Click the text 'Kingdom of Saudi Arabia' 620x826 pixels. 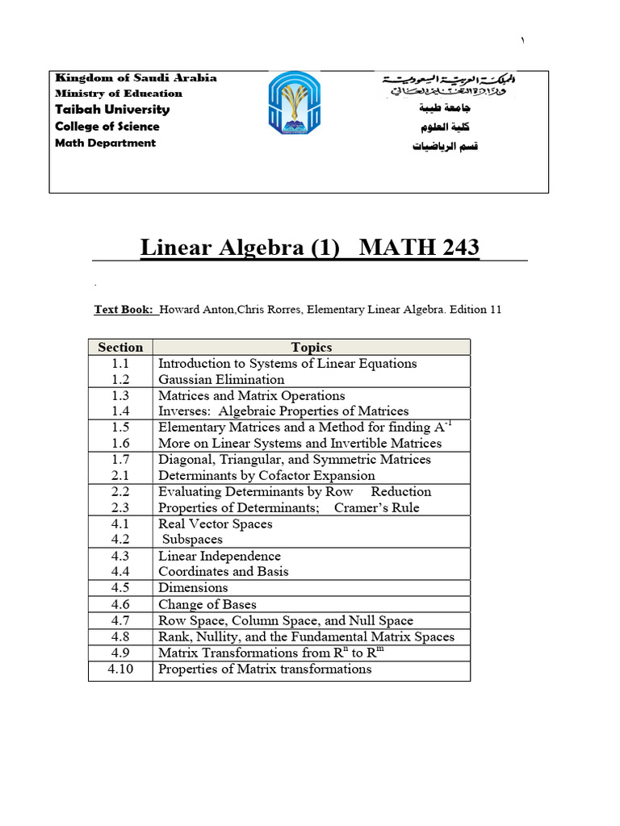tap(136, 78)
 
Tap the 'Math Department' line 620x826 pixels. tap(105, 143)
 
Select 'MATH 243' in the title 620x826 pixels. tap(418, 247)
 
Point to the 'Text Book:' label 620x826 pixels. tap(124, 310)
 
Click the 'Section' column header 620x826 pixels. tap(120, 348)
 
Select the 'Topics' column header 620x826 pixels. tap(311, 348)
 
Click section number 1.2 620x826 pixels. tap(120, 379)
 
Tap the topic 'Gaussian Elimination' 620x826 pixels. tap(221, 379)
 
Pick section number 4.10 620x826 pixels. tap(120, 669)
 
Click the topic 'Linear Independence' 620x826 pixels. tap(220, 556)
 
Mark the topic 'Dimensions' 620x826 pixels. tap(193, 588)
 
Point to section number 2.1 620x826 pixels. tap(120, 476)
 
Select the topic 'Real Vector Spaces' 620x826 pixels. tap(216, 524)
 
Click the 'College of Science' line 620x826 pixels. tap(107, 127)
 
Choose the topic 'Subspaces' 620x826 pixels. tap(192, 540)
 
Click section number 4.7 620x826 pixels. tap(120, 620)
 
